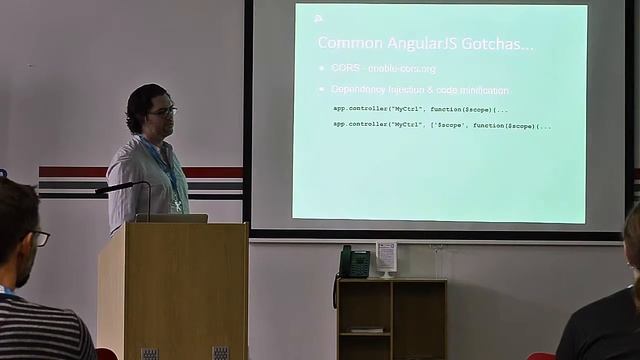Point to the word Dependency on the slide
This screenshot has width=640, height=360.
(365, 90)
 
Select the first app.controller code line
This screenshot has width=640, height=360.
(420, 108)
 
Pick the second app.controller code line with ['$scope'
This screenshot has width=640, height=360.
(441, 125)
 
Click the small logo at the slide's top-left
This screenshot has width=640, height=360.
(318, 17)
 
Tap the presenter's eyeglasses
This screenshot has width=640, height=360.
(163, 111)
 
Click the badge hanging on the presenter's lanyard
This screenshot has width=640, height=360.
(177, 204)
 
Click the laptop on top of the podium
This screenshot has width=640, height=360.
(171, 217)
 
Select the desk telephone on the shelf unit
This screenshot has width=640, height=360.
(353, 262)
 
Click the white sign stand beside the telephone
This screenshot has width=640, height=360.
(386, 258)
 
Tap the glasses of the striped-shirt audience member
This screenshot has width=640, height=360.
(39, 238)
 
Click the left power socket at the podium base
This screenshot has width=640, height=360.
(149, 353)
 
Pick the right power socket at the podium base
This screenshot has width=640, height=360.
(220, 353)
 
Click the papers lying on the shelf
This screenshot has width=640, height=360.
(367, 328)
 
